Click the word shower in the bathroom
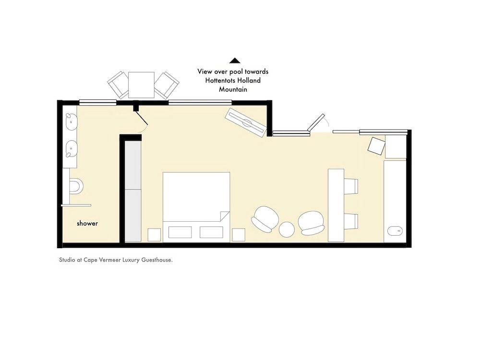87,224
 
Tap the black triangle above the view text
235,60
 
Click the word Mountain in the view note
233,89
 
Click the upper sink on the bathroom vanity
71,121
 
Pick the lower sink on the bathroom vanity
71,149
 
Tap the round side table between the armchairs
287,229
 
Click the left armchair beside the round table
265,219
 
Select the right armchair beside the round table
311,223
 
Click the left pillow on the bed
180,232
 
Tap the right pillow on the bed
211,232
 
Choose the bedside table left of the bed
154,235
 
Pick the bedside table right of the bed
239,235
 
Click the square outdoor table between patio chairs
141,85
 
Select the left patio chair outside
118,85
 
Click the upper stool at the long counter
351,186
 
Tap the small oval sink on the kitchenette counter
395,231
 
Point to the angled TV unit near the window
246,123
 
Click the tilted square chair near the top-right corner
376,146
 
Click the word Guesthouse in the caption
157,260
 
